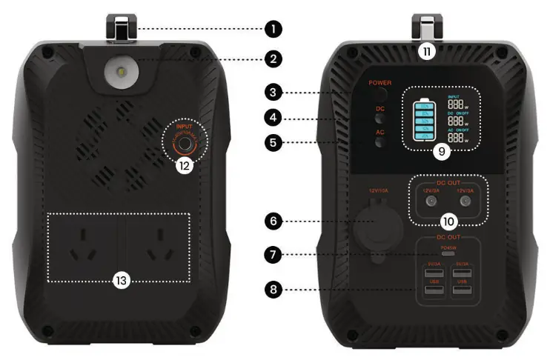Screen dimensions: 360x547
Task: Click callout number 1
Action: (x=273, y=30)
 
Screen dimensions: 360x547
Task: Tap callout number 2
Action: (x=273, y=58)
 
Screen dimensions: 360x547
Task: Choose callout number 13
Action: (x=119, y=280)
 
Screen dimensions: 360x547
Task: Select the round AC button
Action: (x=379, y=143)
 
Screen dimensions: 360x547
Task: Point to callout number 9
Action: (x=442, y=150)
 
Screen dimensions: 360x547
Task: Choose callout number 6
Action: (x=273, y=220)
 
